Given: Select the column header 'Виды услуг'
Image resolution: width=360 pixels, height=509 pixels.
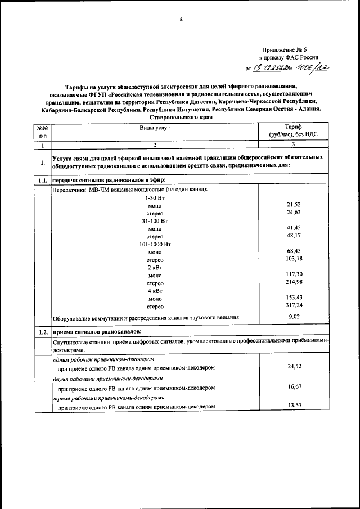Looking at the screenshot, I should click(155, 128).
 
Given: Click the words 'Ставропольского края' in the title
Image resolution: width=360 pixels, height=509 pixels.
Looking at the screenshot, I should click(180, 119).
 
